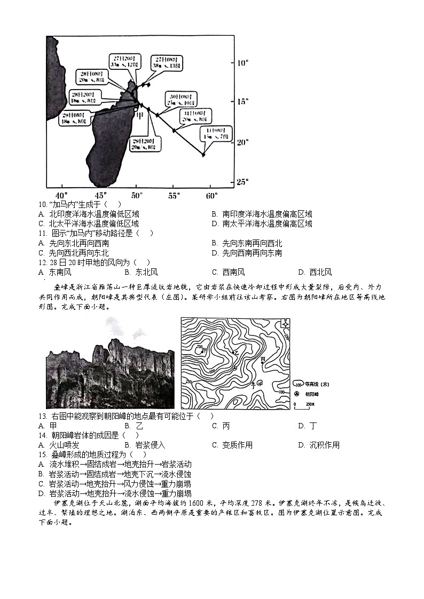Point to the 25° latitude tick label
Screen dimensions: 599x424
coord(243,182)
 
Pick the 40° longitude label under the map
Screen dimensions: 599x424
coord(62,195)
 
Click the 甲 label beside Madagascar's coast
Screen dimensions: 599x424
coord(139,116)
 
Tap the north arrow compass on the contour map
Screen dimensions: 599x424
coord(286,324)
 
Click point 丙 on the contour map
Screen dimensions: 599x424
coord(262,360)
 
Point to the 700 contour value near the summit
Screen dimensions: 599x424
coord(199,347)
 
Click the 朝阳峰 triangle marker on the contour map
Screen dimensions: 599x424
coord(235,368)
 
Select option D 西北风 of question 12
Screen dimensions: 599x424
coord(315,272)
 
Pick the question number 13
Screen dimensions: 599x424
coord(43,416)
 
